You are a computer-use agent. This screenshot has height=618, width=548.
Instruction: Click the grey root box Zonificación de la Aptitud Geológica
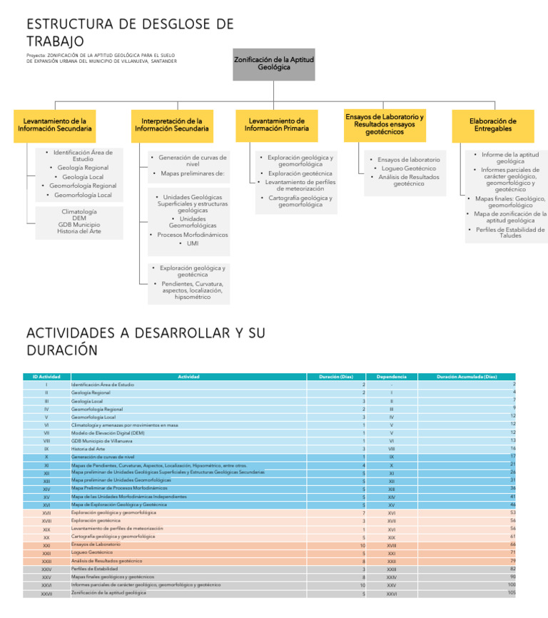[x=273, y=64]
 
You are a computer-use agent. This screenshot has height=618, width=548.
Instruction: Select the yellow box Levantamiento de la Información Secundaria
[x=54, y=126]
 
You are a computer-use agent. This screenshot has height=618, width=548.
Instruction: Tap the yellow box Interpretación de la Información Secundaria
[x=171, y=126]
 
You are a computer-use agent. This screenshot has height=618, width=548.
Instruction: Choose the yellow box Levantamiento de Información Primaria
[x=277, y=126]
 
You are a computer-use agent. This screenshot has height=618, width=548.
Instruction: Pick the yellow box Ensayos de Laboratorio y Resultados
[x=385, y=124]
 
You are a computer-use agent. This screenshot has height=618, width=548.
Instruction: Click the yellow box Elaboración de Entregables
[x=493, y=126]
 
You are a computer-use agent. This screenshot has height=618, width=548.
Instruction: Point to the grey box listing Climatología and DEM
[x=79, y=222]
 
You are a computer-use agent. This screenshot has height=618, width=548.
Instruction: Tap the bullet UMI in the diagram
[x=193, y=243]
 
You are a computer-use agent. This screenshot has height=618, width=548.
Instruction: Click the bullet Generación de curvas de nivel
[x=192, y=161]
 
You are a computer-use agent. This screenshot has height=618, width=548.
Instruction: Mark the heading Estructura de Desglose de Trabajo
[x=130, y=33]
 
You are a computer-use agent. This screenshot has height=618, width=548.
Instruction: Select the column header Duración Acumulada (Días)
[x=467, y=377]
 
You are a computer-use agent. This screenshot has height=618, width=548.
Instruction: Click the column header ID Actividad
[x=46, y=377]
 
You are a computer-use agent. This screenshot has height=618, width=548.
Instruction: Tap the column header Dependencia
[x=391, y=377]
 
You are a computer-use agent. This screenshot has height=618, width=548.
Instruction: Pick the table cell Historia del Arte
[x=88, y=449]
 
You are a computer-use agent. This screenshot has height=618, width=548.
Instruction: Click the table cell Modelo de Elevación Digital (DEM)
[x=108, y=432]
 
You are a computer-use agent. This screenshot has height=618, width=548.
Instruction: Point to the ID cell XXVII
[x=46, y=594]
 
